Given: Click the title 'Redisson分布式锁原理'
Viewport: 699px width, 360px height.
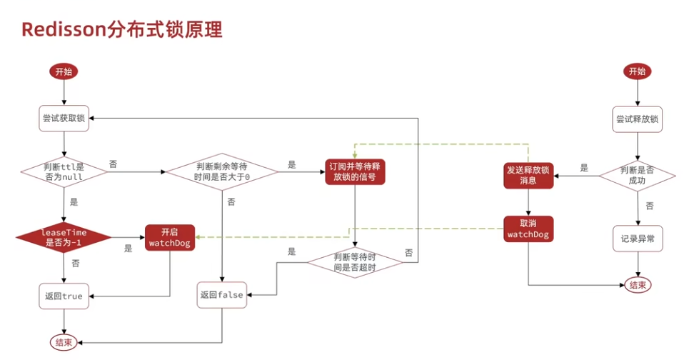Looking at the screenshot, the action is [121, 29].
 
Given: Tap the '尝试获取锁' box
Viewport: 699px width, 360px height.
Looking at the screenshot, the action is [64, 119].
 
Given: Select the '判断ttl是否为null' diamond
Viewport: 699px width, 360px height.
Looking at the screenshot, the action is [64, 171].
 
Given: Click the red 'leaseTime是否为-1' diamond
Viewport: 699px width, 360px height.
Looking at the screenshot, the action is [64, 237].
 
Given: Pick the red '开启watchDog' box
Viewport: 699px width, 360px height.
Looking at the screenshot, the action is [170, 237].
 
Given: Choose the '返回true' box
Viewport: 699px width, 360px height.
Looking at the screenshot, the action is [64, 296].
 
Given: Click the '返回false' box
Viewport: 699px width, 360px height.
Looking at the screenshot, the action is [222, 295].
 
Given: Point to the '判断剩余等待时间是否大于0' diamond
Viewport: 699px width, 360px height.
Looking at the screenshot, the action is [222, 171].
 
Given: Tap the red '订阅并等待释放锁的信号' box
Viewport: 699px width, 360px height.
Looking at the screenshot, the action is [355, 171].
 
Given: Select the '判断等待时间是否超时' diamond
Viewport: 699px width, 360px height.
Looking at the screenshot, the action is [355, 262].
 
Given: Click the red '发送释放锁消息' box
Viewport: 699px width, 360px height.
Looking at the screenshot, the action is [528, 175].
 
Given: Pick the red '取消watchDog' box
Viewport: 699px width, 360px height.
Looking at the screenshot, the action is [528, 229].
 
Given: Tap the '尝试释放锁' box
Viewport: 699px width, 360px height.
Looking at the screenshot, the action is [637, 119].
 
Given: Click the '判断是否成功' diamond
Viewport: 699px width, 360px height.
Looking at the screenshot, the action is [637, 176].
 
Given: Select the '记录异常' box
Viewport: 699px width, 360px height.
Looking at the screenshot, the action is [638, 239].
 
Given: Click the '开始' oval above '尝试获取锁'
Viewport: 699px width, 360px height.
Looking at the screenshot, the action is [64, 72].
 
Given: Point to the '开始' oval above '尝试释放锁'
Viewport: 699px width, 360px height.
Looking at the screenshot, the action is [637, 71].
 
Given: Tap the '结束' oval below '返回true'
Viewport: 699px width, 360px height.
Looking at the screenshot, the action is [64, 343].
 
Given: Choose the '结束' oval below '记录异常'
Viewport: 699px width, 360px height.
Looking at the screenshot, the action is [638, 285].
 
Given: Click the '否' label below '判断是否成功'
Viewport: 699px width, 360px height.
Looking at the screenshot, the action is [650, 206].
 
